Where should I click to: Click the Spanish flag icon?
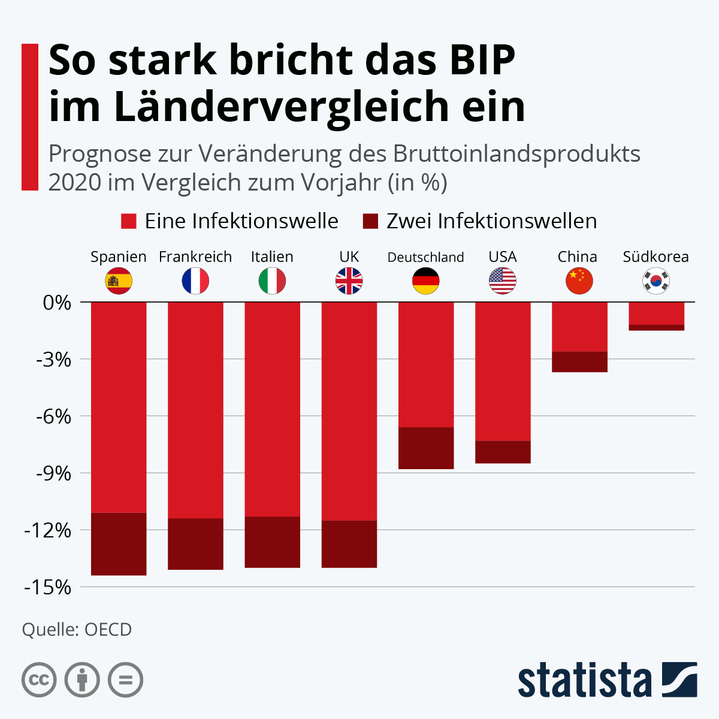(119, 280)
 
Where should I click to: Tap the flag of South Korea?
(656, 280)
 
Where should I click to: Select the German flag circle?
(426, 280)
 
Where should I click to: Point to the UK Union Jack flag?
(349, 280)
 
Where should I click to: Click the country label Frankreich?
(195, 257)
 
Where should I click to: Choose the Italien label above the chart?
(272, 257)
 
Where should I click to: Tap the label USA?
(503, 257)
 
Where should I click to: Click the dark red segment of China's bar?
(579, 362)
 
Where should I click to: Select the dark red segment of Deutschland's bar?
(426, 448)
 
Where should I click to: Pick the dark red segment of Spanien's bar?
(119, 544)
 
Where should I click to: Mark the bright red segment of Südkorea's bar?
(656, 313)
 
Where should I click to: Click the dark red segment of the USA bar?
(503, 452)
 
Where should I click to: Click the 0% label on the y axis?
(58, 303)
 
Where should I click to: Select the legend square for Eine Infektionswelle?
(129, 221)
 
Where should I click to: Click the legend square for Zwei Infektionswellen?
(371, 221)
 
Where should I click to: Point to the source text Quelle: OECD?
(77, 630)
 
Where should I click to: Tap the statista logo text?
(584, 680)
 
